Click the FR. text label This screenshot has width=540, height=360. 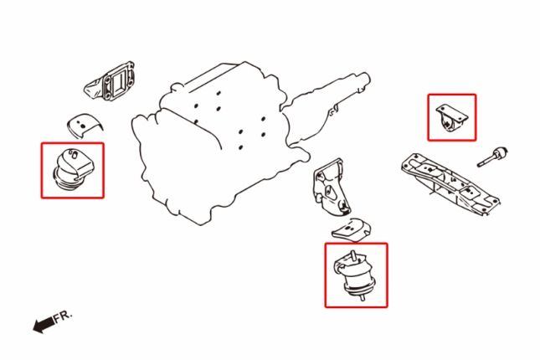[63, 316]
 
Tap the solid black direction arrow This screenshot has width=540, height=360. [44, 324]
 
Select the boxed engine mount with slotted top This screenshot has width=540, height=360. [73, 168]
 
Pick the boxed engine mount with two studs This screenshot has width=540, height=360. [356, 275]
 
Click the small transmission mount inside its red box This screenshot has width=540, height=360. [451, 118]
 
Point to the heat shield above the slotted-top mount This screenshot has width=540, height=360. [84, 126]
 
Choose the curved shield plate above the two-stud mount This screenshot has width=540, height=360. [352, 229]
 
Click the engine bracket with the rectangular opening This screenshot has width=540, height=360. [111, 82]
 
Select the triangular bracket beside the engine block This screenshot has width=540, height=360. [331, 188]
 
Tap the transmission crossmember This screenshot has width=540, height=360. [450, 184]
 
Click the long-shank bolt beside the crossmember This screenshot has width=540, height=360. [492, 157]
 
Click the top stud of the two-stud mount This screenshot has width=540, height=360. [352, 255]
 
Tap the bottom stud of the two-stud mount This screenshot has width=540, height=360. [363, 298]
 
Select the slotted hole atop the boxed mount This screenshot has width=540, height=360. [73, 154]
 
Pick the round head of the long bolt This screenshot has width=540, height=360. [501, 152]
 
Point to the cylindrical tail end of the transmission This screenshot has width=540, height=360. [363, 80]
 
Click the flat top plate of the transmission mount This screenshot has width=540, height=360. [452, 112]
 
